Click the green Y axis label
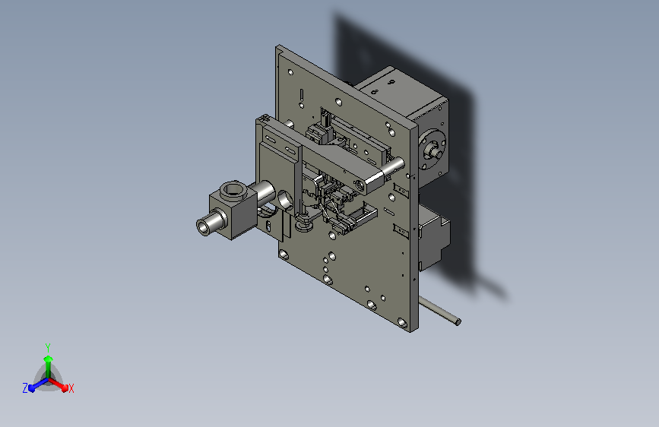[x=47, y=348]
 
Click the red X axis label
[x=71, y=389]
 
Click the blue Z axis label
[x=25, y=388]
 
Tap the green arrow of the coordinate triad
[x=48, y=366]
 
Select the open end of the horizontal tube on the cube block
[x=203, y=227]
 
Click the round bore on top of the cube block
[x=232, y=189]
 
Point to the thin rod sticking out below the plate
[x=439, y=310]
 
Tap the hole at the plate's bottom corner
[x=402, y=323]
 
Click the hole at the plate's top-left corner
[x=290, y=73]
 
